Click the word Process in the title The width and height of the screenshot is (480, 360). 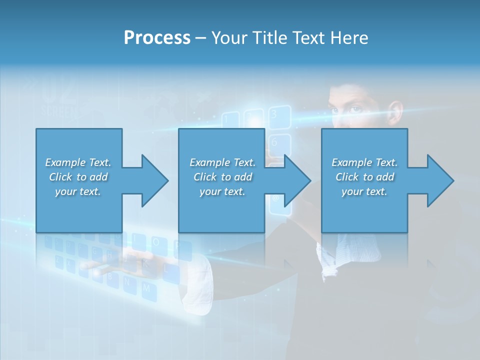click(x=157, y=38)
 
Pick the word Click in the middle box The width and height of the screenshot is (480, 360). click(x=204, y=177)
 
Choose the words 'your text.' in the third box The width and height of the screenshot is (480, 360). click(x=364, y=191)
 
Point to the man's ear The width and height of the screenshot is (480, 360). click(x=396, y=111)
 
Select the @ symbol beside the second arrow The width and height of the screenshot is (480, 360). click(x=275, y=198)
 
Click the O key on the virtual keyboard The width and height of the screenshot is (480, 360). click(x=156, y=243)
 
